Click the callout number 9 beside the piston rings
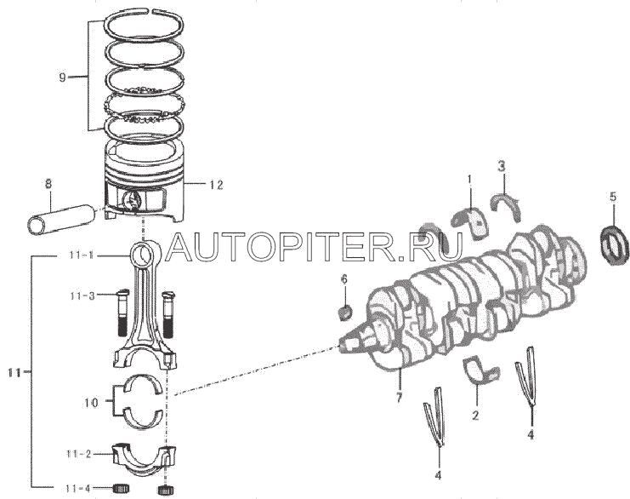coord(62,77)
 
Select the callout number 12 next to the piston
coord(216,185)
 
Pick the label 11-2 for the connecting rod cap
coord(79,454)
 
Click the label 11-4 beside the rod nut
coord(79,489)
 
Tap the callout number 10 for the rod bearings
coord(92,402)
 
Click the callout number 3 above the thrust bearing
coord(502,166)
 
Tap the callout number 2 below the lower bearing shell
coord(475,416)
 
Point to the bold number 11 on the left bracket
coord(14,373)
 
